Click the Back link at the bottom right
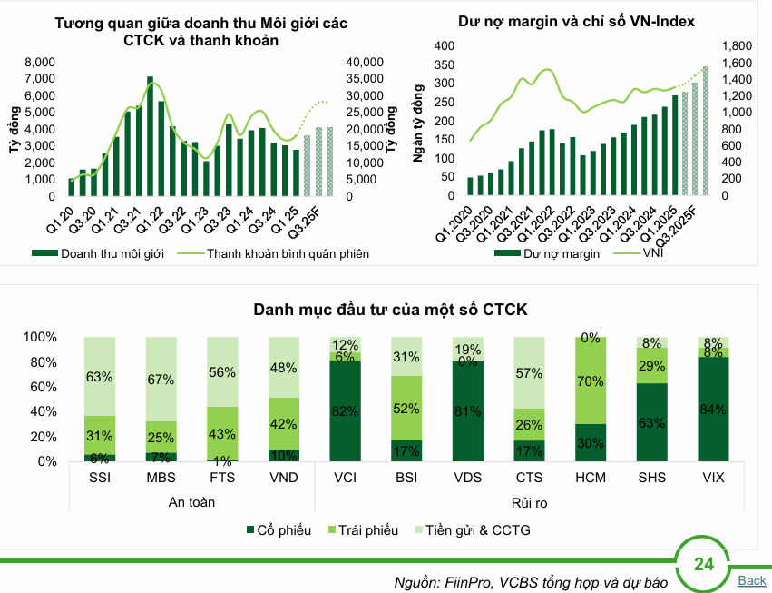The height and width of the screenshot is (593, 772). pos(752,580)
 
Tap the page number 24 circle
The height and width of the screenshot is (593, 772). pos(703,565)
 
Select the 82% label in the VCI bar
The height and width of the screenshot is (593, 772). pos(345,410)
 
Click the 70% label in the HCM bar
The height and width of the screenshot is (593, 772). pos(591,381)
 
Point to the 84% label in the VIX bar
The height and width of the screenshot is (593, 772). pos(714,410)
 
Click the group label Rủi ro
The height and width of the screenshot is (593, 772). pos(529,501)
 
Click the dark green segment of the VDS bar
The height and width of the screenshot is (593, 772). pos(467,410)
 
